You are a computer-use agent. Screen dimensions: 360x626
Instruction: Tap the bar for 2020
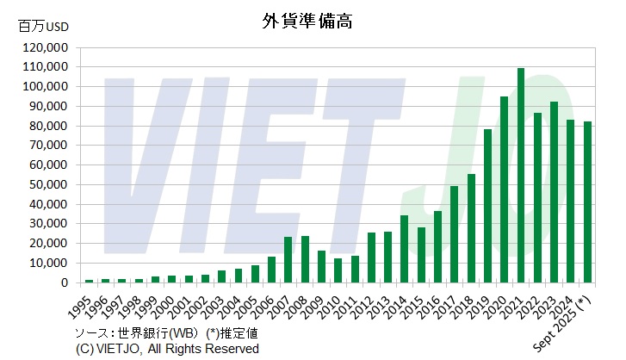505,189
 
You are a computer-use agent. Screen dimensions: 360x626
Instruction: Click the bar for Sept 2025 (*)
587,202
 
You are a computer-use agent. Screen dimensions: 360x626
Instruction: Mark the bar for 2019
487,206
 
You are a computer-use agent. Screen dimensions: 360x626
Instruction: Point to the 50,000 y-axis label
48,184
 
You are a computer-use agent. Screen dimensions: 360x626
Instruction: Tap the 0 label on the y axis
65,282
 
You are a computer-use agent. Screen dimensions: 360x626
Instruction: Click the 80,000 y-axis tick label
48,126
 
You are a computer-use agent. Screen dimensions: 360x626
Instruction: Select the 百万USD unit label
43,27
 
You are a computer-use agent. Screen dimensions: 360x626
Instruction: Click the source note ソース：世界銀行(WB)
133,332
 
